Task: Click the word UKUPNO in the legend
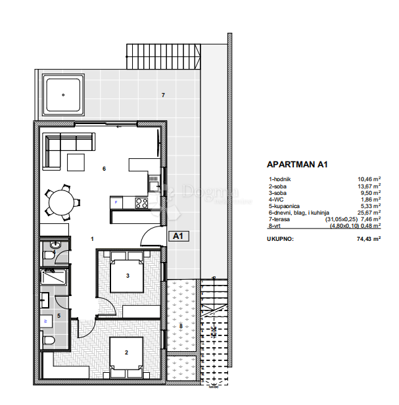[x=281, y=240]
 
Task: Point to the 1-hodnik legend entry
[x=280, y=179]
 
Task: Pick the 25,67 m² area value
[x=369, y=213]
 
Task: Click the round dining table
[x=63, y=202]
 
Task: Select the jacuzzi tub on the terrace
[x=63, y=94]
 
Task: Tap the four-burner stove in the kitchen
[x=141, y=203]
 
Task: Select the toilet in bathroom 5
[x=47, y=340]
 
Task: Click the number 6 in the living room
[x=104, y=169]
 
